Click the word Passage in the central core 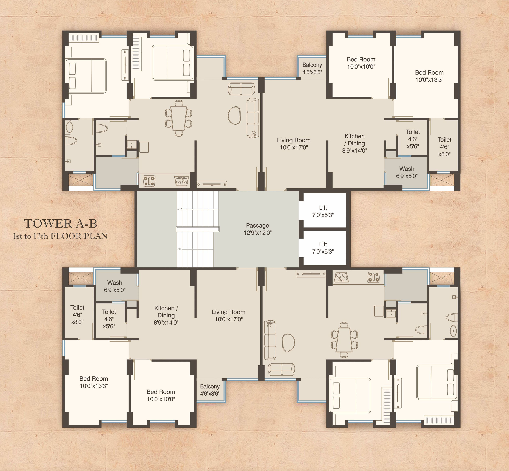[257, 225]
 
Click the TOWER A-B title [61, 224]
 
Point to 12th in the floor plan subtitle [40, 236]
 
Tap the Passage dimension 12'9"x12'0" [257, 233]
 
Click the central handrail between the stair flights [197, 229]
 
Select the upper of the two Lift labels [323, 208]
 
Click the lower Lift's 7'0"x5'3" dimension [323, 252]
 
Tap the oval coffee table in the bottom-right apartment [289, 343]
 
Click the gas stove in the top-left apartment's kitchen [149, 181]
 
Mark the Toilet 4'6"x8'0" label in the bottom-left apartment [77, 315]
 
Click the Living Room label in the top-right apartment [294, 144]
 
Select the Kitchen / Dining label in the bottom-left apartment [166, 315]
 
